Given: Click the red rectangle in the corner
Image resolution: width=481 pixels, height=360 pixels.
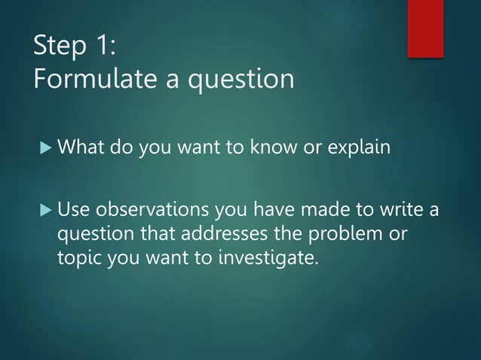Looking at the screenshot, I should click(x=425, y=28).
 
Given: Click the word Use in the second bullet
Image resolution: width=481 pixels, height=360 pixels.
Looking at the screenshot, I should click(x=74, y=209).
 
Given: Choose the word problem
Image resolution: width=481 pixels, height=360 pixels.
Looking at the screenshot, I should click(x=350, y=234).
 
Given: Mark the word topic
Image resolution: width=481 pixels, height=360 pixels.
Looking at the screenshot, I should click(x=80, y=259).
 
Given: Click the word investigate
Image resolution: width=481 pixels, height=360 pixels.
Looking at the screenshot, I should click(x=268, y=259).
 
